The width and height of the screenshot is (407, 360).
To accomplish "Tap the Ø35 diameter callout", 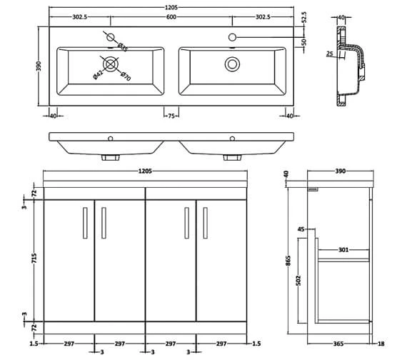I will click(122, 47).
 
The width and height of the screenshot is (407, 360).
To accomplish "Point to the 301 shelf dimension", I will click(343, 250).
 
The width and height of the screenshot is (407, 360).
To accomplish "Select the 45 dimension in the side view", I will click(301, 230).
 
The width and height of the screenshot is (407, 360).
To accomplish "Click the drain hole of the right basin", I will click(232, 64).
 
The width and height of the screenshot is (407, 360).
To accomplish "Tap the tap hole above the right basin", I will click(232, 36).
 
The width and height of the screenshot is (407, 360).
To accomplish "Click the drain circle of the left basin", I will click(111, 63).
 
